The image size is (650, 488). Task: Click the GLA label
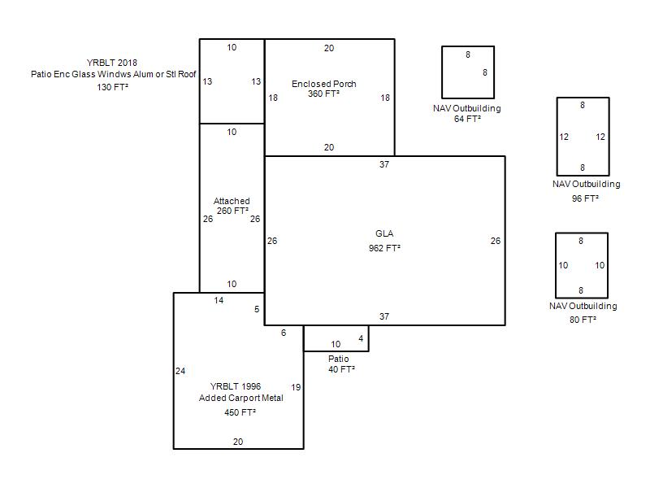click(384, 233)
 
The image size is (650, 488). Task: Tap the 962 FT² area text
click(384, 248)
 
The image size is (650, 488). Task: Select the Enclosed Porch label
click(323, 84)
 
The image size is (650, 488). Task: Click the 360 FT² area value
click(323, 94)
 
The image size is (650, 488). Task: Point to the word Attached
click(232, 201)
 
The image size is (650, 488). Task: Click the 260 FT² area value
click(232, 211)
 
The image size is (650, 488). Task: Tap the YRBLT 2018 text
click(112, 63)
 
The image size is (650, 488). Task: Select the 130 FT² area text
click(112, 87)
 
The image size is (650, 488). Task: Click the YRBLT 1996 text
click(236, 386)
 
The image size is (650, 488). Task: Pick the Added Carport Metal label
click(240, 398)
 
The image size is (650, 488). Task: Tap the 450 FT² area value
click(240, 412)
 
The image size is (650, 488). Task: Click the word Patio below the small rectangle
click(338, 359)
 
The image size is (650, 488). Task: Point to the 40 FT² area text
click(341, 369)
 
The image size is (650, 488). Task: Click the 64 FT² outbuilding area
click(467, 119)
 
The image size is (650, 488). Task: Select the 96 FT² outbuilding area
click(585, 198)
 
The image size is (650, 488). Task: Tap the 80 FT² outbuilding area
click(583, 320)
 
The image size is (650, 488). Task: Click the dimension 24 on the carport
click(180, 371)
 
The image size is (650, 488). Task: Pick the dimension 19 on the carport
click(296, 387)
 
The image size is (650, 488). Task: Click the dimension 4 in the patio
click(361, 338)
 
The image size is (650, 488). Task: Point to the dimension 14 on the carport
click(219, 300)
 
